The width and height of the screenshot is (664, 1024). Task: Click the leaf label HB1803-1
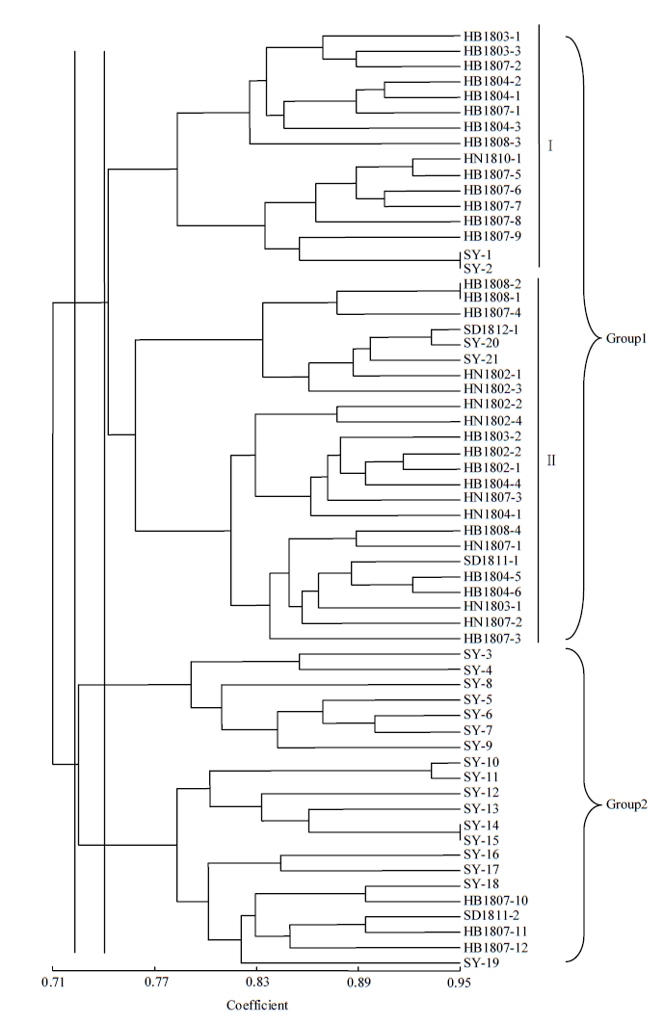click(492, 37)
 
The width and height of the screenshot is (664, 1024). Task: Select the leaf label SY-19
click(482, 962)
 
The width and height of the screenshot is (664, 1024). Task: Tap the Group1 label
click(626, 338)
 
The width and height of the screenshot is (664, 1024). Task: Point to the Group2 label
click(626, 804)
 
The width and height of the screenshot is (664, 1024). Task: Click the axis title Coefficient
click(257, 1005)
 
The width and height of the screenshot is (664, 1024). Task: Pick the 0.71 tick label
click(52, 982)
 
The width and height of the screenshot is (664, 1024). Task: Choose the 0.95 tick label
click(460, 982)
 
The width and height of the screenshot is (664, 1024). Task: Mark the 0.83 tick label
click(256, 982)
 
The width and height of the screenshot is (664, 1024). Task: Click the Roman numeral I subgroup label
click(550, 145)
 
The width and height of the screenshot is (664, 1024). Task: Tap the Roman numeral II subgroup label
click(551, 461)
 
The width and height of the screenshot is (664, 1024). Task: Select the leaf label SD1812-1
click(491, 329)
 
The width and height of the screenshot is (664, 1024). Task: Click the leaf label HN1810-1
click(492, 159)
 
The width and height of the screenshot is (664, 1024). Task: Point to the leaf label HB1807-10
click(495, 901)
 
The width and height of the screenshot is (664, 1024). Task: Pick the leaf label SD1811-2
click(491, 915)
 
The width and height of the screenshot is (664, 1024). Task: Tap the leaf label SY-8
click(478, 684)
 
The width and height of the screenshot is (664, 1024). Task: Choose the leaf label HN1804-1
click(492, 514)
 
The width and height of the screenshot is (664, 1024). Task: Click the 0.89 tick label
click(359, 982)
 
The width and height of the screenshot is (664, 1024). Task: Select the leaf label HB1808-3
click(492, 143)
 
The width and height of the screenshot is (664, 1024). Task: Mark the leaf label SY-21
click(481, 359)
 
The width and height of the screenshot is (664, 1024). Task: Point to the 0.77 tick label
click(156, 982)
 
